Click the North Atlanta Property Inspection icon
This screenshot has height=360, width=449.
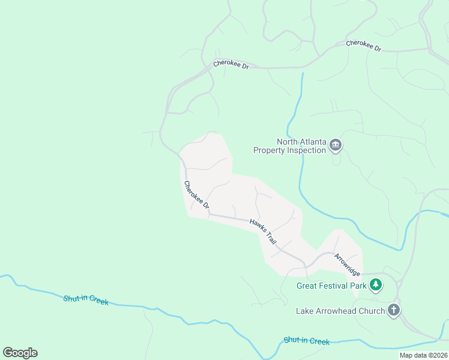click(336, 146)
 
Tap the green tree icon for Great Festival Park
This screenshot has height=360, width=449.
click(376, 286)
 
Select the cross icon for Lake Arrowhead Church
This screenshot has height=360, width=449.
click(394, 310)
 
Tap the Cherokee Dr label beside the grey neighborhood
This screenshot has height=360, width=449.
click(196, 195)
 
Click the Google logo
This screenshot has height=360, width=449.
click(20, 353)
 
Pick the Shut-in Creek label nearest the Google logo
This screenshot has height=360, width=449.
click(86, 300)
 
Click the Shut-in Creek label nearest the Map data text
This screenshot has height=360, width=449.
click(307, 341)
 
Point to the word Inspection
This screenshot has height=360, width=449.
click(306, 151)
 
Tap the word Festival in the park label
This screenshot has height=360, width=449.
click(335, 286)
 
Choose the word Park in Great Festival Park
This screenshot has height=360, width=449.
click(358, 286)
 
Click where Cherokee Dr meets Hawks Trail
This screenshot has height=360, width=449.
click(208, 214)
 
